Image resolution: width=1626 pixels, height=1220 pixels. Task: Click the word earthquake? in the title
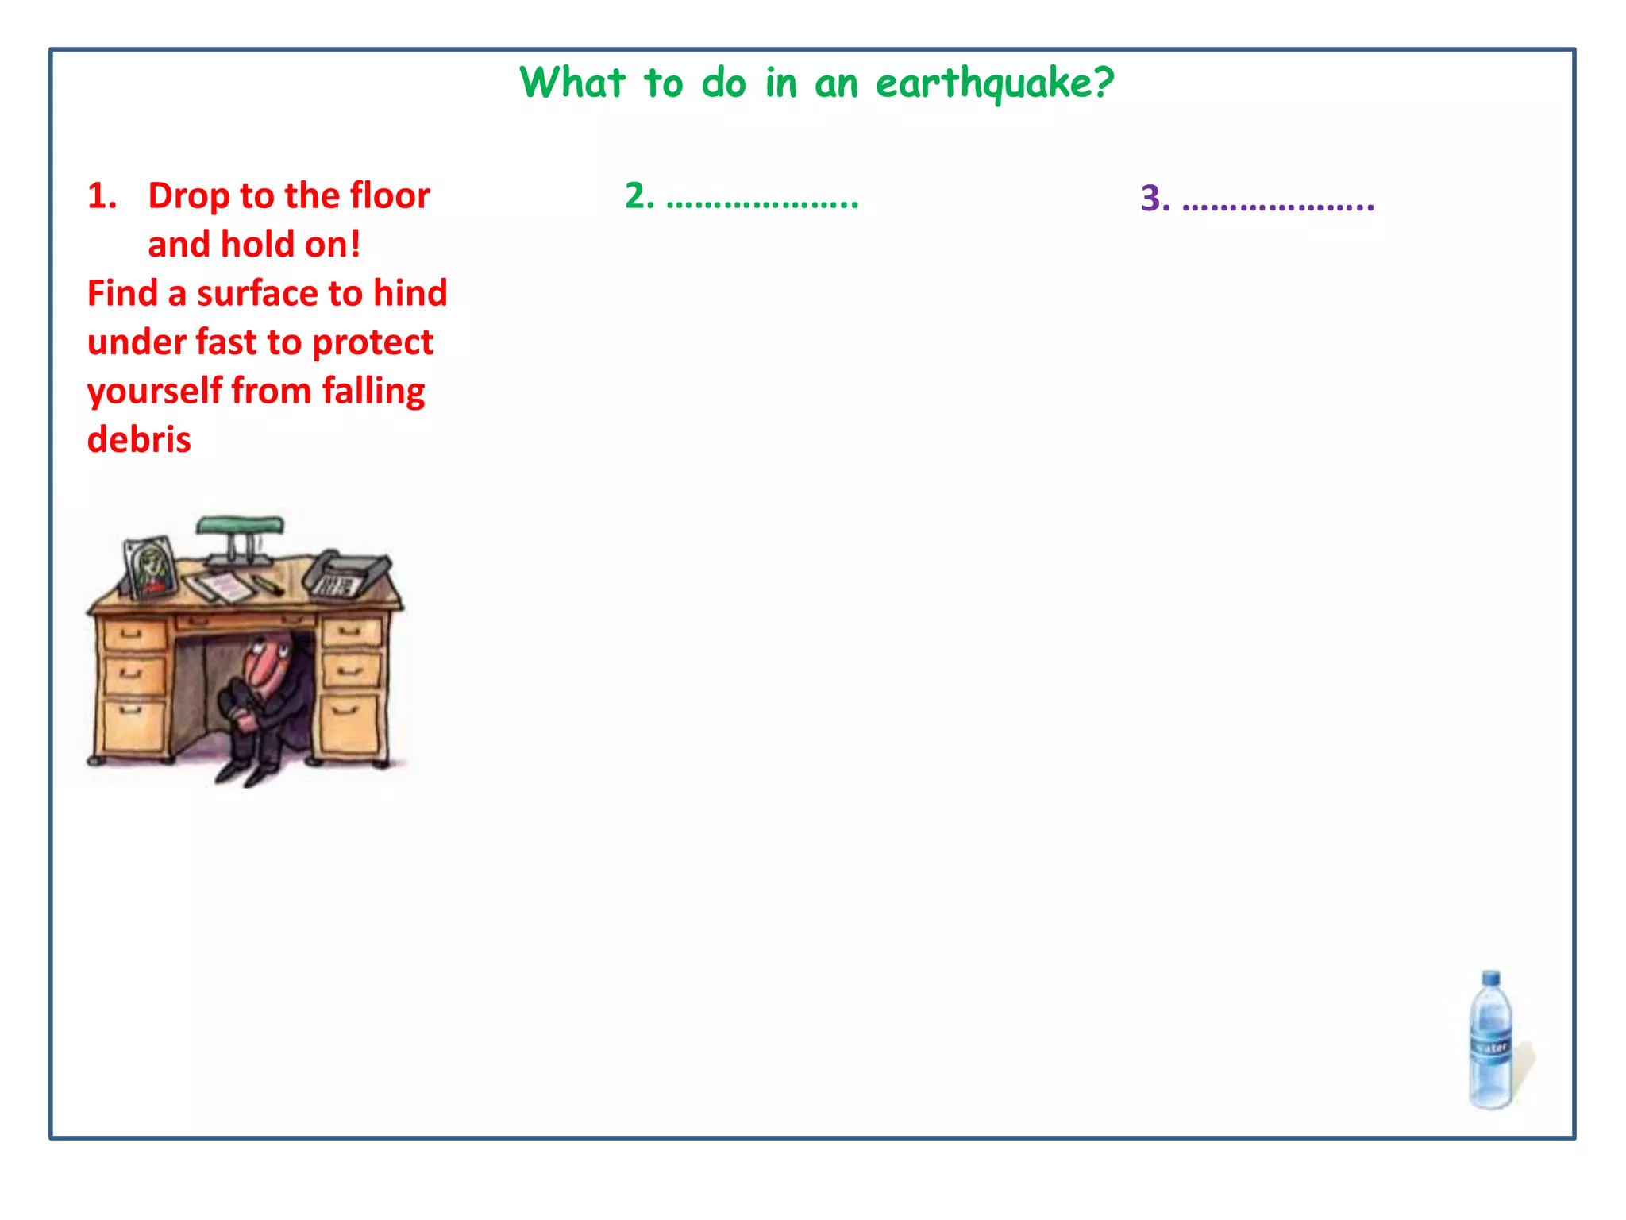pos(994,83)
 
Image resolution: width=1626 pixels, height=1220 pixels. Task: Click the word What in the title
pos(572,82)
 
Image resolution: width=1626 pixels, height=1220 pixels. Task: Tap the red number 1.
pos(102,195)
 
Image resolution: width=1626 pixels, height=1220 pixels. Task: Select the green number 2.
pos(638,195)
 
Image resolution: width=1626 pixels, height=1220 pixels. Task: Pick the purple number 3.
pos(1155,199)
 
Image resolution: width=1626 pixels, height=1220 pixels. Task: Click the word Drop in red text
pos(188,195)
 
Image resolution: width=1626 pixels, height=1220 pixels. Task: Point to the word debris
pos(139,439)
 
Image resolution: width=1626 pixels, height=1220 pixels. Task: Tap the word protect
pos(372,342)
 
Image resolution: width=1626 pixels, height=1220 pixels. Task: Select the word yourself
pos(154,392)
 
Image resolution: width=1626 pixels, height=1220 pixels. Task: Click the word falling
pos(373,392)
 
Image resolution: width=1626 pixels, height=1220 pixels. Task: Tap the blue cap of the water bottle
pos(1491,979)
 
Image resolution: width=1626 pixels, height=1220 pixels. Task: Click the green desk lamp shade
pos(240,525)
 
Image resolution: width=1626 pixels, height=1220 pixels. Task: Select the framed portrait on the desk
pos(151,567)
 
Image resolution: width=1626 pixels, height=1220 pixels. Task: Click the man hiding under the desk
pos(262,699)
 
